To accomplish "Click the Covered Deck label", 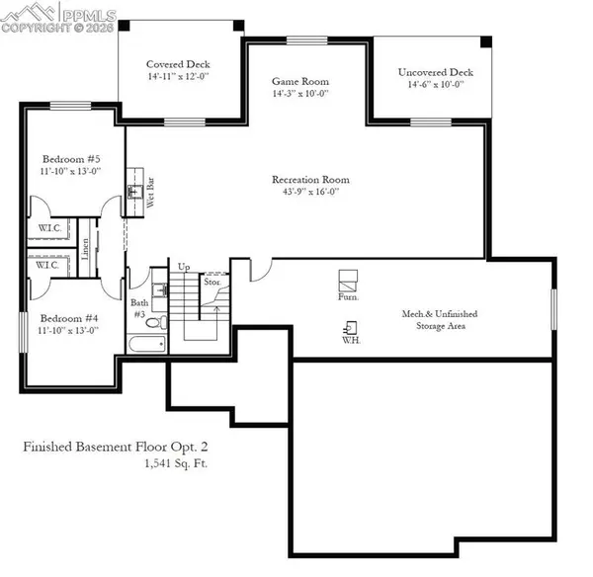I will [177, 62].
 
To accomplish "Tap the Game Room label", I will [300, 82].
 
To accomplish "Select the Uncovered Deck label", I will [436, 72].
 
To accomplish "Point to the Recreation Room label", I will [311, 180].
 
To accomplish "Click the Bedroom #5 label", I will [69, 158].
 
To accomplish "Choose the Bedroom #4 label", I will [68, 318].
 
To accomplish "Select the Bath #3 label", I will [139, 308].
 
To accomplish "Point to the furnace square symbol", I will [347, 278].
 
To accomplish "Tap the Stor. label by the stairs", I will [212, 281].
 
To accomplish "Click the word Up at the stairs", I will [184, 267].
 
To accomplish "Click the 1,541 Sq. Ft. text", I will [175, 462].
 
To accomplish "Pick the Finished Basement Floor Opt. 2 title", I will [115, 447].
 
